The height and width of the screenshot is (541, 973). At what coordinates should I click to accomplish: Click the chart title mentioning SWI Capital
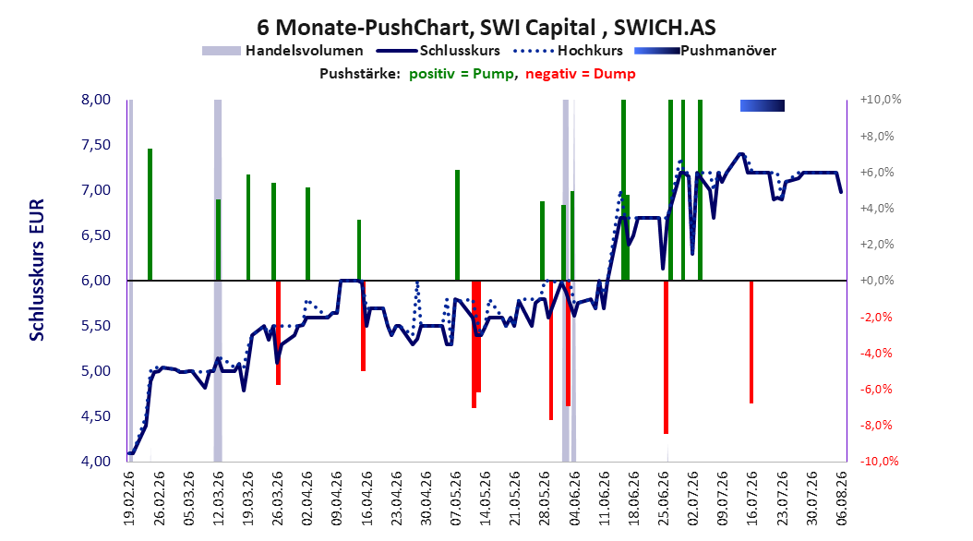(x=486, y=28)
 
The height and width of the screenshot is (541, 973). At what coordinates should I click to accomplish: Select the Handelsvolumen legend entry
(x=282, y=51)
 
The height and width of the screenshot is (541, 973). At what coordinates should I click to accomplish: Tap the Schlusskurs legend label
(x=460, y=51)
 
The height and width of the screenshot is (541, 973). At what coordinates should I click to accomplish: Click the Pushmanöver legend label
(x=727, y=51)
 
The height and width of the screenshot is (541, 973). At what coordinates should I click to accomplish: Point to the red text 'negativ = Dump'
(x=581, y=74)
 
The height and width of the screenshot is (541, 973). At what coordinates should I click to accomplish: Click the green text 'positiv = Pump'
(x=461, y=74)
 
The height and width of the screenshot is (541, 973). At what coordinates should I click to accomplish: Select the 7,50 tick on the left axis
(x=96, y=145)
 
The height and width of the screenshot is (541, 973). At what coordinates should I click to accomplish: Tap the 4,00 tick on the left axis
(x=96, y=461)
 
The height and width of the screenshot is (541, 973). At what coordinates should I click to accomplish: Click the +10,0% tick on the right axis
(x=881, y=100)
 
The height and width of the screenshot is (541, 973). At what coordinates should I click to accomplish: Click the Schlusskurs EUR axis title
(x=37, y=270)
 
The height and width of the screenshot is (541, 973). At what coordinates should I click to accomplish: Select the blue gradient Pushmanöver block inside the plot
(x=762, y=105)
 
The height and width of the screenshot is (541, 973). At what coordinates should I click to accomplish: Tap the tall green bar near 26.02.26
(x=150, y=215)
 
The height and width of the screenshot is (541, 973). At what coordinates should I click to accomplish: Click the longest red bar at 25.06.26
(x=666, y=357)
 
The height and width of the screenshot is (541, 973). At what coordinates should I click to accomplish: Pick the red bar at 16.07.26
(x=751, y=342)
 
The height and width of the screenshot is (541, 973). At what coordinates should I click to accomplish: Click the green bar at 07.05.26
(x=457, y=225)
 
